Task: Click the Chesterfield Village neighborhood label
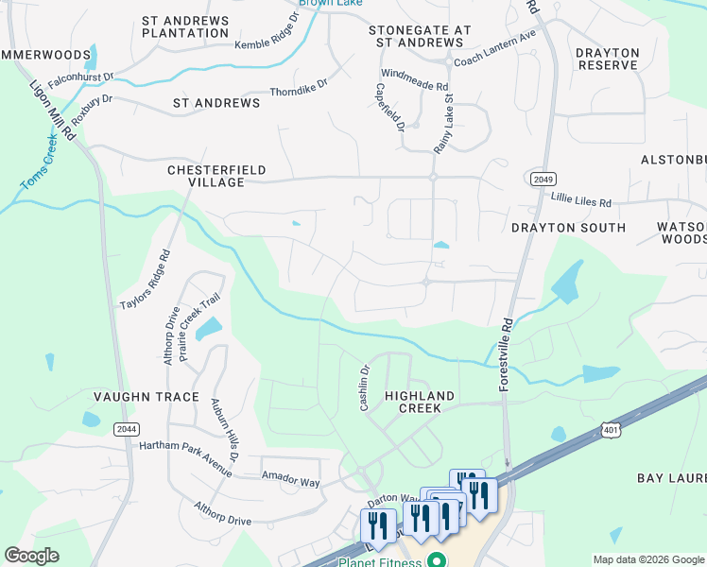[x=205, y=176]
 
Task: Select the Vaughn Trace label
[x=146, y=397]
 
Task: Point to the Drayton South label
[x=568, y=228]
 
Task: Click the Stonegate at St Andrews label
[x=420, y=37]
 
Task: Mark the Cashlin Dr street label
[x=363, y=388]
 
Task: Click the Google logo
[x=32, y=556]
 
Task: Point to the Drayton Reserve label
[x=608, y=59]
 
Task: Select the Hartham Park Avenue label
[x=185, y=452]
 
